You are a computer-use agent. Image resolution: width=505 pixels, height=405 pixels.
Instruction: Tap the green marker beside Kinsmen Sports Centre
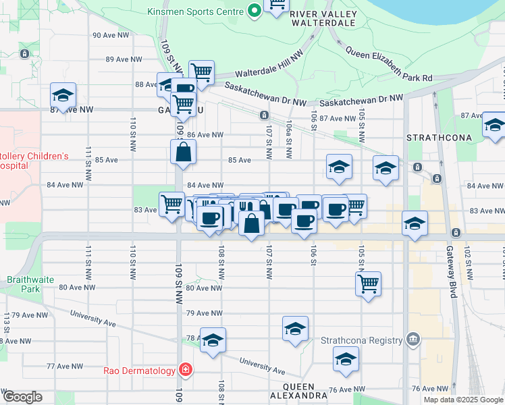(x=255, y=10)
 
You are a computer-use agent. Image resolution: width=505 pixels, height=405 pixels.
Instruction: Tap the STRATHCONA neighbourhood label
(x=433, y=137)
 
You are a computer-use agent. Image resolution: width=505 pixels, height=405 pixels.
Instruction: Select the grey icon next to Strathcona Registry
(x=414, y=340)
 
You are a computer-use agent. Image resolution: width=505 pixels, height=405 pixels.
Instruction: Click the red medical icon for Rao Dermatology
(x=184, y=370)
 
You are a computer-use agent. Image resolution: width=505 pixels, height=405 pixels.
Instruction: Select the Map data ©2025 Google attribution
(x=463, y=400)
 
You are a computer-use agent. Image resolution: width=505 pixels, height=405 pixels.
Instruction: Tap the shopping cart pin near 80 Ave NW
(x=369, y=283)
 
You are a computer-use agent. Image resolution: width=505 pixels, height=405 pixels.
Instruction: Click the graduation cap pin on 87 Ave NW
(x=63, y=95)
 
